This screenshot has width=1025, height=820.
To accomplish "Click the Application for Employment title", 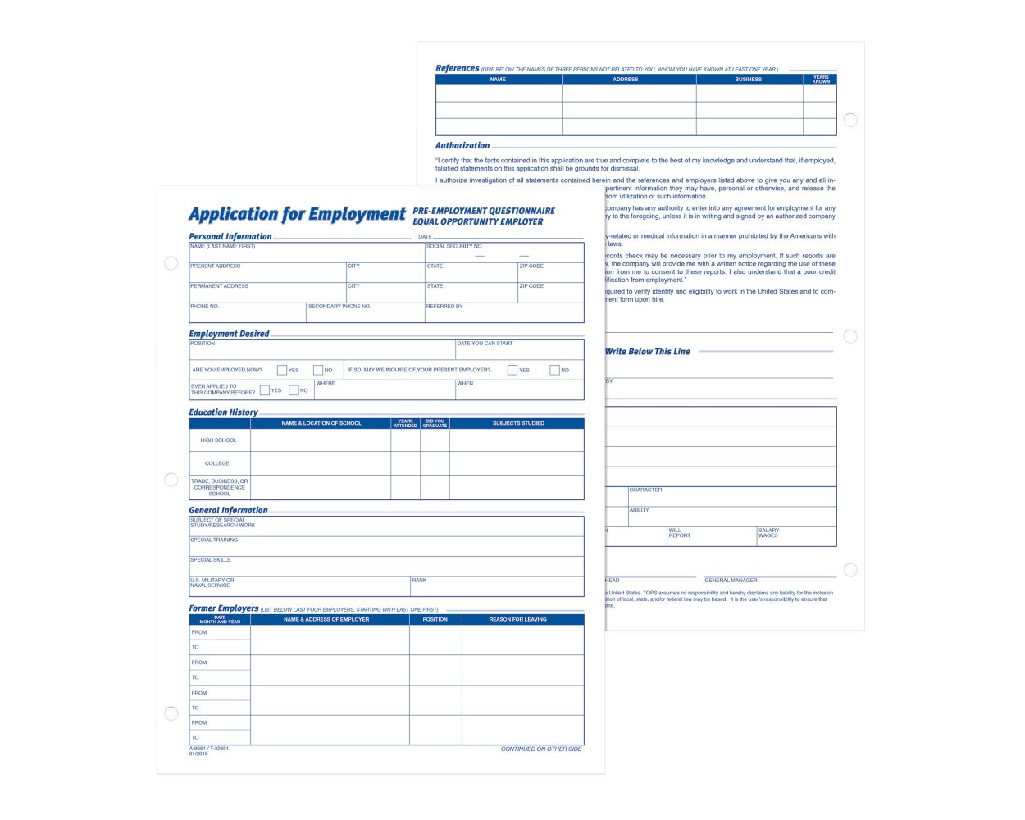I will tap(297, 215).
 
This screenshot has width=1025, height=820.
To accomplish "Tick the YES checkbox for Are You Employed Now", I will tap(282, 370).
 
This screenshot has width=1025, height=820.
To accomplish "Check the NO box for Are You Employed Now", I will tap(318, 370).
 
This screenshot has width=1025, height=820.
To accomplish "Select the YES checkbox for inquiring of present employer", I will tap(512, 370).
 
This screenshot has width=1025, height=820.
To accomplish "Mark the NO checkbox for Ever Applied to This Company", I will tap(294, 390).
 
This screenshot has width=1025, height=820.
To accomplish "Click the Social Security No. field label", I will tap(454, 246).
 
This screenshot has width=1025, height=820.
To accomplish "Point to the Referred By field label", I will tap(444, 307).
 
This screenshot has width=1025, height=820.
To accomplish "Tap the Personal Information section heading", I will tap(230, 236).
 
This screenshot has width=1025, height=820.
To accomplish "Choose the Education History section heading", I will tap(223, 412).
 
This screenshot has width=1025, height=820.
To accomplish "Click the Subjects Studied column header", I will tap(518, 423).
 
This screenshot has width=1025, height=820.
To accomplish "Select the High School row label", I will tap(218, 440).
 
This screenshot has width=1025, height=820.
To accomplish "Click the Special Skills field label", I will tap(211, 560).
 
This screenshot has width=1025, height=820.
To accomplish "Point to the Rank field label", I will tap(419, 581).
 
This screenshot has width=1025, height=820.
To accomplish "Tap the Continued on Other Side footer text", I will tap(541, 749).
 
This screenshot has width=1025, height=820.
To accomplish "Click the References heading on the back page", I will tap(457, 69).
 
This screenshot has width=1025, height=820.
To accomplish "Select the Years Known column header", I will tap(821, 80).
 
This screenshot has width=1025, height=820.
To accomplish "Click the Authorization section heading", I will tap(462, 145).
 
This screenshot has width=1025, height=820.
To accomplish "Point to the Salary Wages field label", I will tap(768, 533).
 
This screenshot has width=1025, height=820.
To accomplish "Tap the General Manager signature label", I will tap(731, 580).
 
